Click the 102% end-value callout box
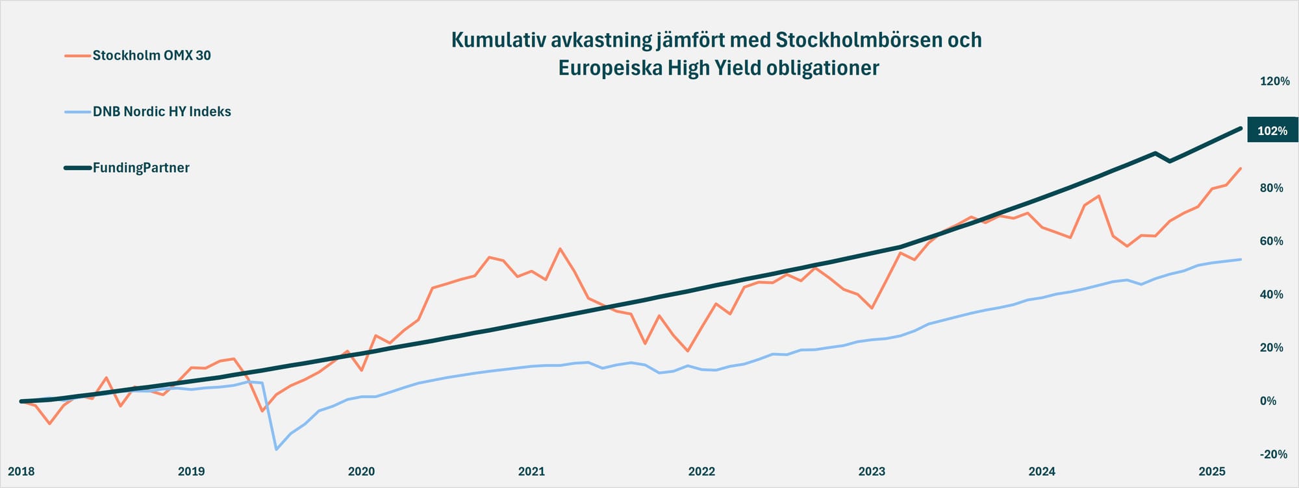click(1272, 130)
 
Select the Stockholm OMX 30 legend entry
click(151, 56)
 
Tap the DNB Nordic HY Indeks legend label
click(162, 112)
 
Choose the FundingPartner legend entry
click(141, 168)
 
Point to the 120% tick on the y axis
click(1274, 81)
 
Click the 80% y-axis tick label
click(1272, 188)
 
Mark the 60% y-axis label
click(1272, 241)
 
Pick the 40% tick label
click(1272, 295)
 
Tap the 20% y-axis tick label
click(1272, 348)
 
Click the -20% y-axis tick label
click(1273, 454)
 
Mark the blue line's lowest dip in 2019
click(276, 449)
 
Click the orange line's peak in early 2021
click(560, 249)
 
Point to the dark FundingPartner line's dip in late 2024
click(1170, 161)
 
